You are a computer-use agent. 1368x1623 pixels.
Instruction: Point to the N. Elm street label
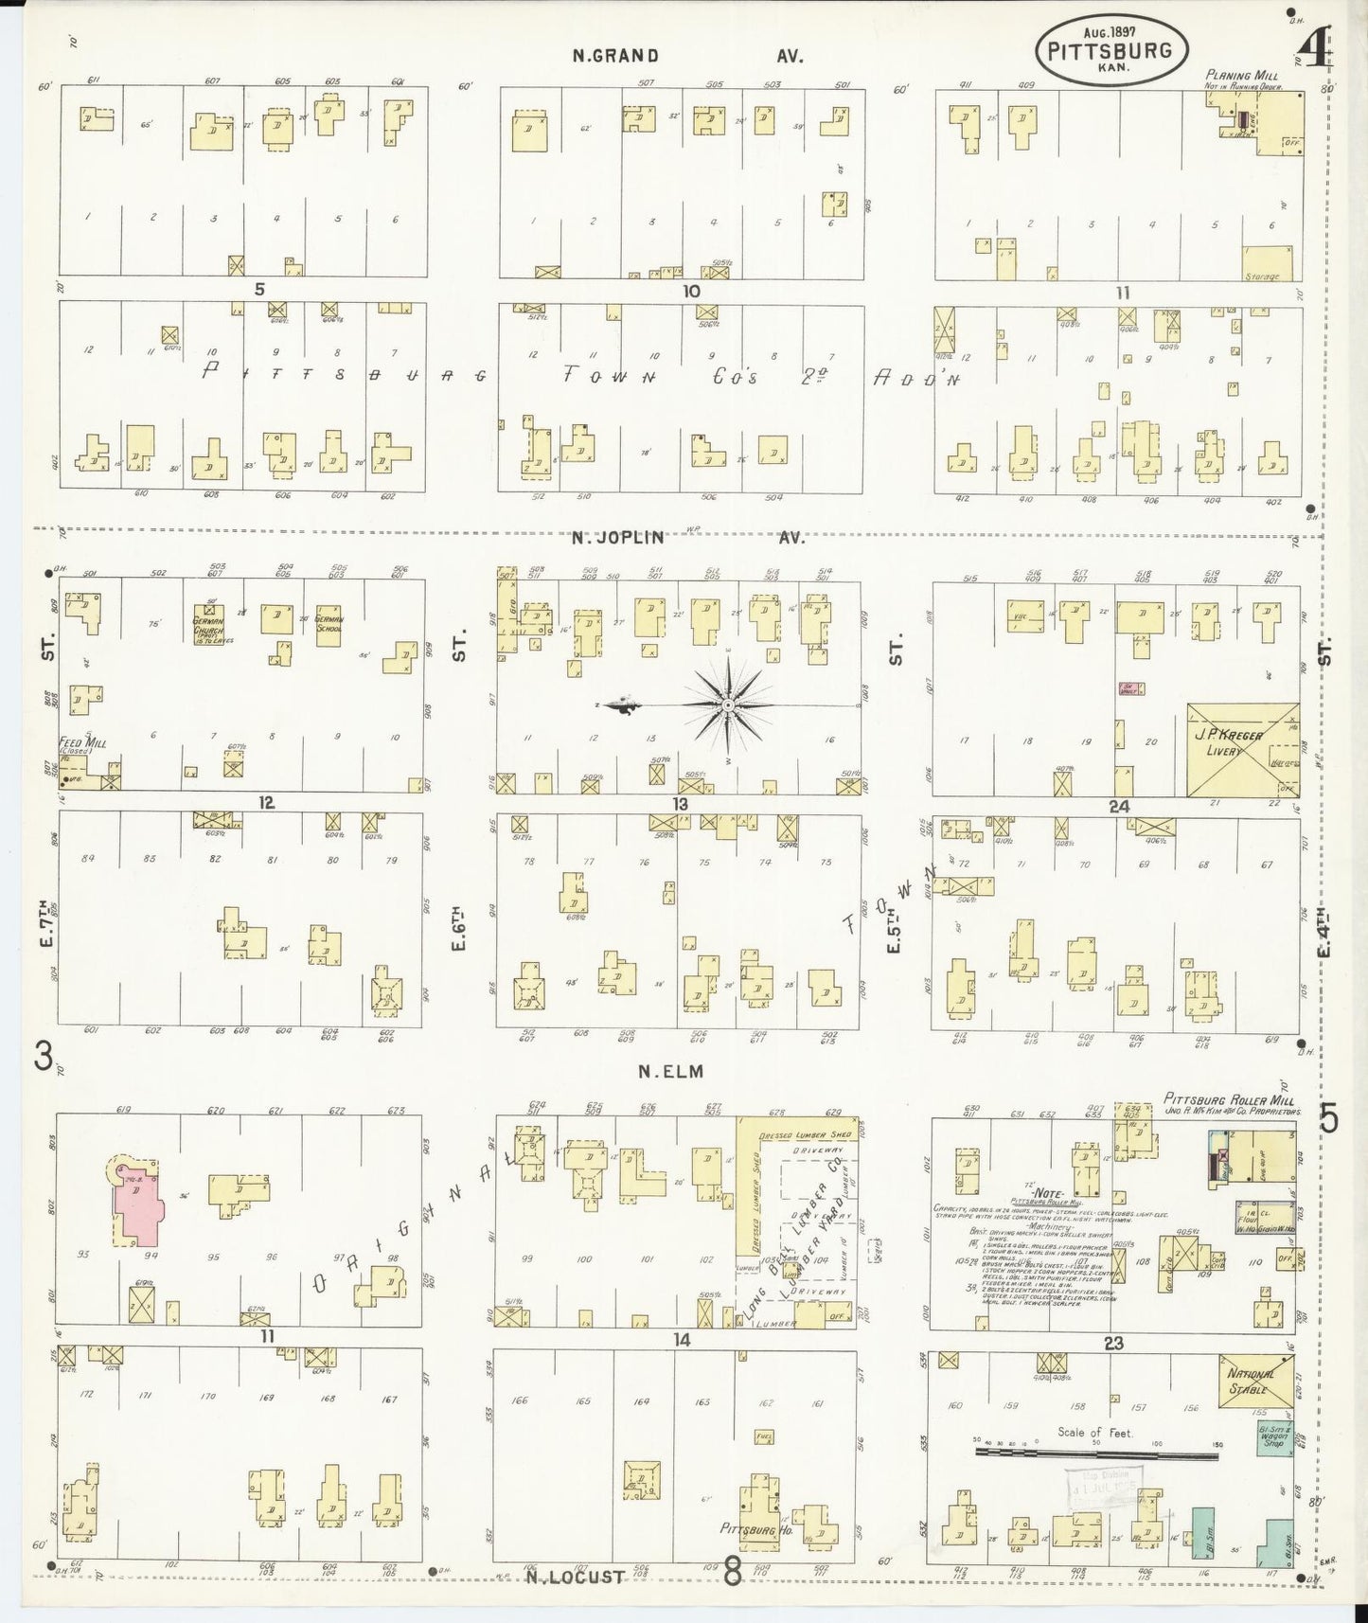click(x=672, y=1071)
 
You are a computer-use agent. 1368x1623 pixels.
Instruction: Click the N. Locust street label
click(x=576, y=1577)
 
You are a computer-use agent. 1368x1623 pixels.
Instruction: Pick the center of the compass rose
click(x=728, y=705)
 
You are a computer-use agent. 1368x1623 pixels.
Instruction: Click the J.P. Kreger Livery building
click(x=1242, y=748)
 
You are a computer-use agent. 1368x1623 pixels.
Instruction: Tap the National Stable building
click(x=1255, y=1382)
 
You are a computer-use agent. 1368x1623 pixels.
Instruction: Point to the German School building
click(x=329, y=624)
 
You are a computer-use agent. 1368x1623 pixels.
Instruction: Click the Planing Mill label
click(x=1242, y=75)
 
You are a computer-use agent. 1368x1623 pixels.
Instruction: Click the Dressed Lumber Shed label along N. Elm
click(x=804, y=1133)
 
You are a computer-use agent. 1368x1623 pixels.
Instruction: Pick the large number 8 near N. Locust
click(x=733, y=1573)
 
